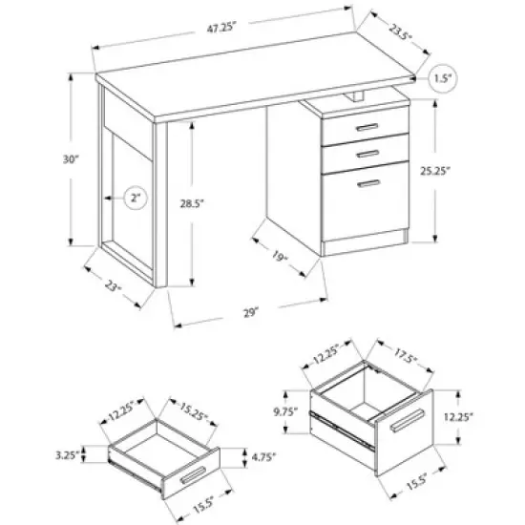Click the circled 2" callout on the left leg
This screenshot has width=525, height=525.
point(137,199)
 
